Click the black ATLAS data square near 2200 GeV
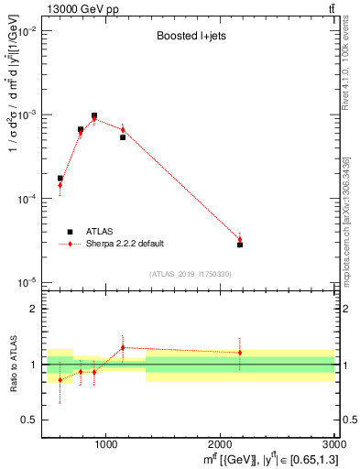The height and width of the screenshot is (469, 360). (x=240, y=245)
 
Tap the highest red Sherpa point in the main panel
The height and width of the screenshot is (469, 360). (x=94, y=119)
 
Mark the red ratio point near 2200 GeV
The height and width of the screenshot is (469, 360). (x=240, y=353)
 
